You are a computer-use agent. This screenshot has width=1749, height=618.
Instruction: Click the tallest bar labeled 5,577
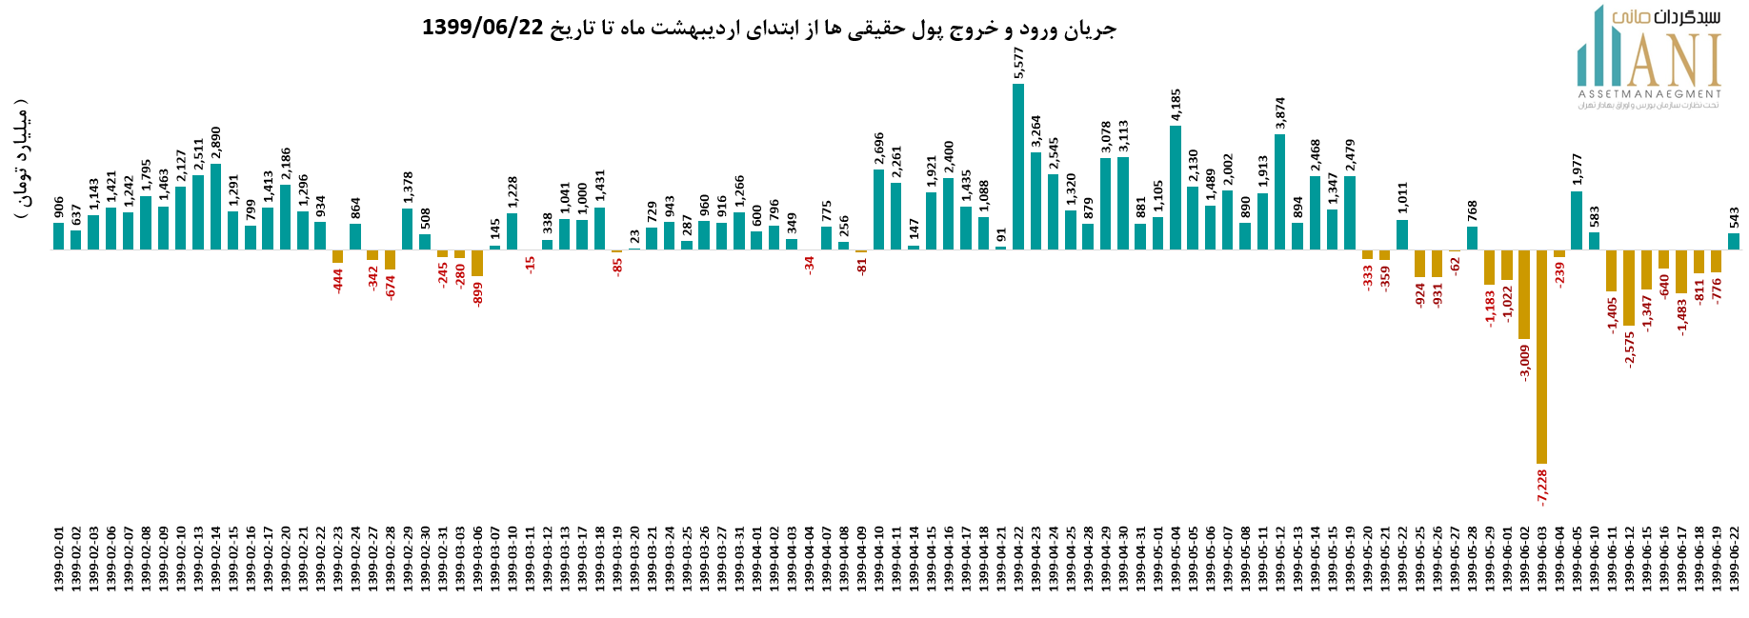1018,167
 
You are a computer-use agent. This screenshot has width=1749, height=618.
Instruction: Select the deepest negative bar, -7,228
1541,356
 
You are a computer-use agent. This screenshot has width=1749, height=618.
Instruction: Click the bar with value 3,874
1279,191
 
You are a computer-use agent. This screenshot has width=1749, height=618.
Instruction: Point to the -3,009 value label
1524,363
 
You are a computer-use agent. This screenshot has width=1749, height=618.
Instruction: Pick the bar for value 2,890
216,207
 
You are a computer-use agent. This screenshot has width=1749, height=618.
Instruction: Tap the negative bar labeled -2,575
1629,288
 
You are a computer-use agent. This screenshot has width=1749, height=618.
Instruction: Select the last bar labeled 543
1734,241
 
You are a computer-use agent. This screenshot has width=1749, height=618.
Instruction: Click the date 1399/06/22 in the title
482,28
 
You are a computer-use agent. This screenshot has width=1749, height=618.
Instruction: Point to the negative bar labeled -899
477,263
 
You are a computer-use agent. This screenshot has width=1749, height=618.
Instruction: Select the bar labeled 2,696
879,209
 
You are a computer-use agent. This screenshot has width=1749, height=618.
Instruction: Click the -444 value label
338,280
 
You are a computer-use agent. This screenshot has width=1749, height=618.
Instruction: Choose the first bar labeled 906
59,236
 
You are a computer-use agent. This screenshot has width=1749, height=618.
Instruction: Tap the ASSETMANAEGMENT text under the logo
1649,94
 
